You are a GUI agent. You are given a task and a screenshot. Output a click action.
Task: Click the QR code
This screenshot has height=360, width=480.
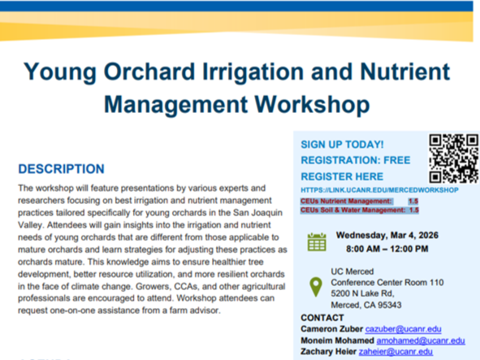[453, 158]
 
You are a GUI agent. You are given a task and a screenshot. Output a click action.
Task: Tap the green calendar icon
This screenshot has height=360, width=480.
[317, 241]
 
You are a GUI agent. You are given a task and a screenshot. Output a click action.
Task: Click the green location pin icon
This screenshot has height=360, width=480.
[317, 286]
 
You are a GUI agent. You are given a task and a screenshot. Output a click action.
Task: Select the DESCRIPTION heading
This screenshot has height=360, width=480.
[62, 169]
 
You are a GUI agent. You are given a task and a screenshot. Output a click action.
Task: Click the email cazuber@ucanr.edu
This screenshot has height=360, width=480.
[404, 329]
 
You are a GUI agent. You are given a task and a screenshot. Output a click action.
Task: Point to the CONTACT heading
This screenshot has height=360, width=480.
[322, 318]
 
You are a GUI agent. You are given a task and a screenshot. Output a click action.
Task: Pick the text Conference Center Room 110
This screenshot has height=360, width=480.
[387, 281]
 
